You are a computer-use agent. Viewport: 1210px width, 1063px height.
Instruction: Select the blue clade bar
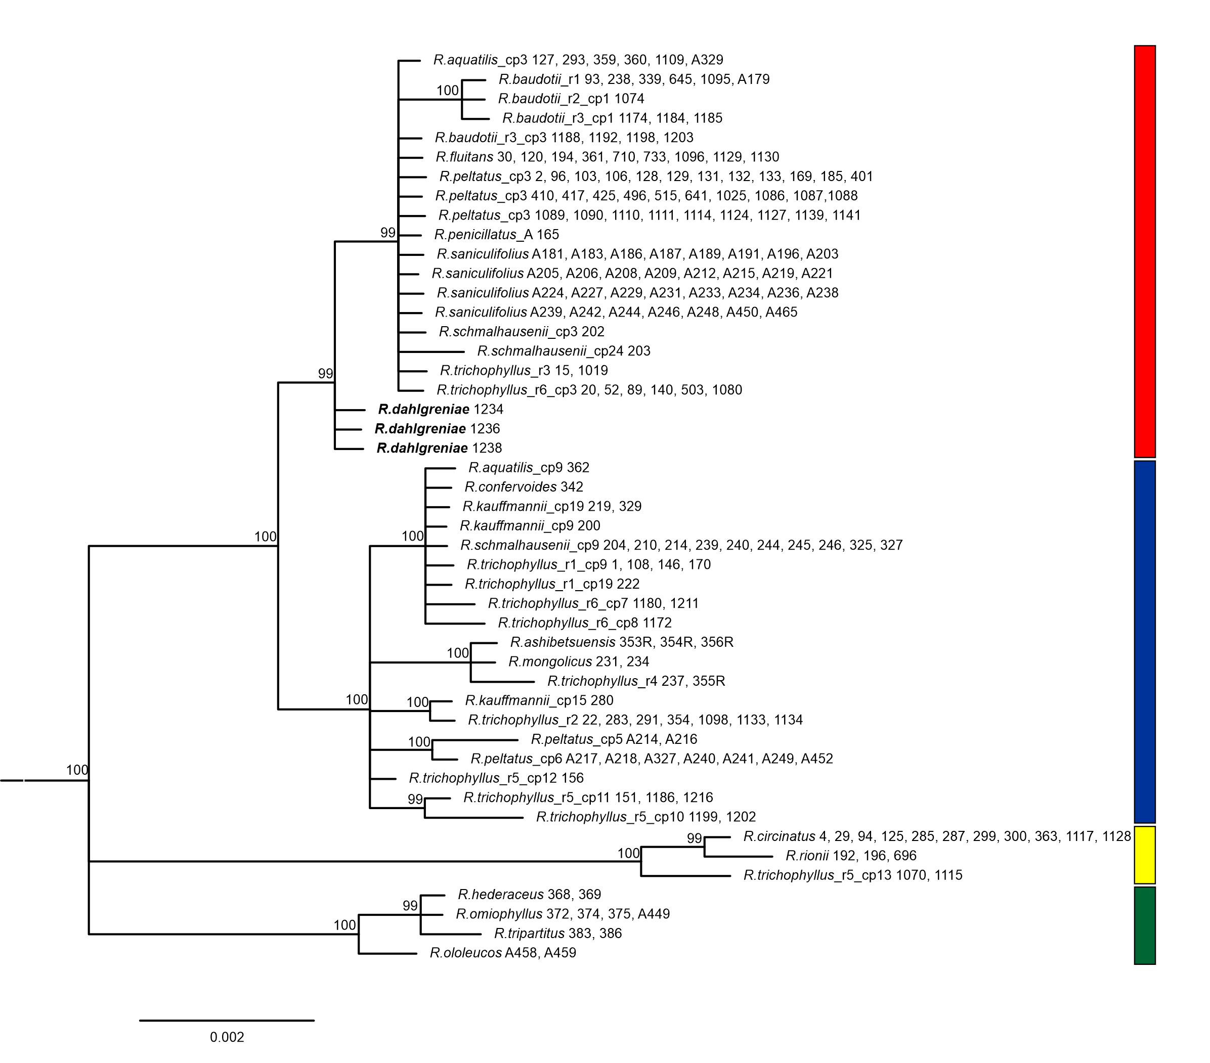click(x=1144, y=642)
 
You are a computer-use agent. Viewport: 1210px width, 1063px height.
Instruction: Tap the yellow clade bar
click(x=1144, y=855)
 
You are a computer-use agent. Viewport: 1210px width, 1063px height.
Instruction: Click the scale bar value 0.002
click(x=227, y=1037)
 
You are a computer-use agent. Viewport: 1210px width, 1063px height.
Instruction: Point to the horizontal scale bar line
click(x=227, y=1020)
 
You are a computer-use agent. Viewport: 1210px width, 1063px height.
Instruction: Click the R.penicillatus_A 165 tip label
click(x=497, y=234)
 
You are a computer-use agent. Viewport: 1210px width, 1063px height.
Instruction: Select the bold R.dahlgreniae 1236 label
click(x=438, y=428)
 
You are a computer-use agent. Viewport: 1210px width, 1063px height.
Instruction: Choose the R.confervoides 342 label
click(x=524, y=486)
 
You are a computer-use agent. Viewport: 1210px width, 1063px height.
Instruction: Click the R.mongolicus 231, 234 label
click(x=579, y=661)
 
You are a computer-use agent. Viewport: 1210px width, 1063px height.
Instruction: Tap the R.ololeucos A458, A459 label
click(x=503, y=952)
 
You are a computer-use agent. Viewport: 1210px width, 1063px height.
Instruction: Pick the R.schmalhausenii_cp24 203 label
click(x=564, y=351)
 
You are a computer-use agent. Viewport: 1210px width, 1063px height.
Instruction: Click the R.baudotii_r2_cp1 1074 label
click(x=571, y=99)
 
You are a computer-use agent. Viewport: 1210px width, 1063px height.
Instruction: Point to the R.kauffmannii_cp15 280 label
click(x=539, y=700)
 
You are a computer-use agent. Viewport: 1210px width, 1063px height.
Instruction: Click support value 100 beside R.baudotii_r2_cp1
click(x=448, y=90)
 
